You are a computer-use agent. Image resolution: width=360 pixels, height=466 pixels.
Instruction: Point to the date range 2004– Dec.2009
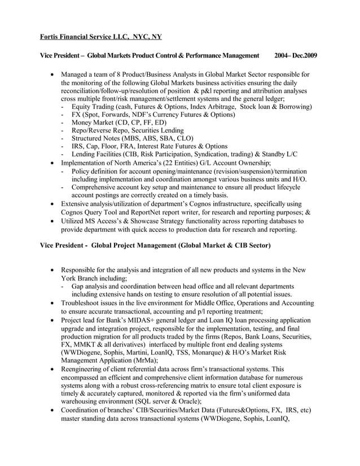click(x=296, y=56)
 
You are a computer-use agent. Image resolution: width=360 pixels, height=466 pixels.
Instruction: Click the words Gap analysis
click(x=92, y=286)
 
